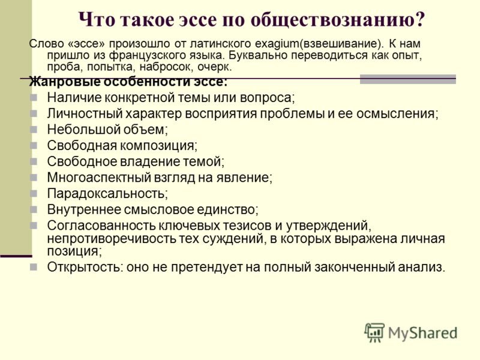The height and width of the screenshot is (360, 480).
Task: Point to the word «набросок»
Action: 163,67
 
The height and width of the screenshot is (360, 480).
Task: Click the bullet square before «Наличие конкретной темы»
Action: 34,98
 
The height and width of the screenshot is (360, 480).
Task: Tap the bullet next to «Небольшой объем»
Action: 34,130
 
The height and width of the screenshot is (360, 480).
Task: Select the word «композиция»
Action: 158,146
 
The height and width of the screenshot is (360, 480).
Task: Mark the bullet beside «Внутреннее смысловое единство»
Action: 34,209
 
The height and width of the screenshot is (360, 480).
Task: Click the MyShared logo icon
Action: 374,332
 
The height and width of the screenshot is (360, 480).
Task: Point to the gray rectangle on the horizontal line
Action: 408,79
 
